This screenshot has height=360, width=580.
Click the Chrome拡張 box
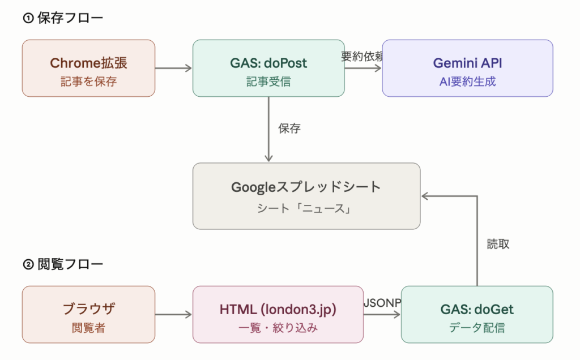(88, 68)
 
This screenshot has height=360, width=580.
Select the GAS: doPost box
(268, 68)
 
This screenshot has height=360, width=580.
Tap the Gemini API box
(467, 68)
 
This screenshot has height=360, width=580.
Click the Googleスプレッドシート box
(306, 196)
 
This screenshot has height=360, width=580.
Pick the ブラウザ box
(88, 314)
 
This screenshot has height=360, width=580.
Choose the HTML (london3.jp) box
(278, 314)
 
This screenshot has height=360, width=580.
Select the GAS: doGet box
(477, 314)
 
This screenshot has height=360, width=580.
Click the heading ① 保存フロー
(63, 18)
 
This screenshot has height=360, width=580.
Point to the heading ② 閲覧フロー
(63, 264)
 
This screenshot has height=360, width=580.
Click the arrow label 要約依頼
(363, 56)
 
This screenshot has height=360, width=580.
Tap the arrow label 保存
(289, 128)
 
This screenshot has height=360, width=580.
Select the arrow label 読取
(498, 244)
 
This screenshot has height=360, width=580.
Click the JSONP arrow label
(382, 303)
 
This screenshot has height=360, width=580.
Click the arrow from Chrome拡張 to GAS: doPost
(173, 68)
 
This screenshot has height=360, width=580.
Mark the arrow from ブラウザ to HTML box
(173, 314)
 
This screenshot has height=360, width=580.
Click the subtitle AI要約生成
(467, 82)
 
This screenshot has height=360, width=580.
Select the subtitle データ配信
(476, 327)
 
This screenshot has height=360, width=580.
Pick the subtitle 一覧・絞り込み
(278, 327)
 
